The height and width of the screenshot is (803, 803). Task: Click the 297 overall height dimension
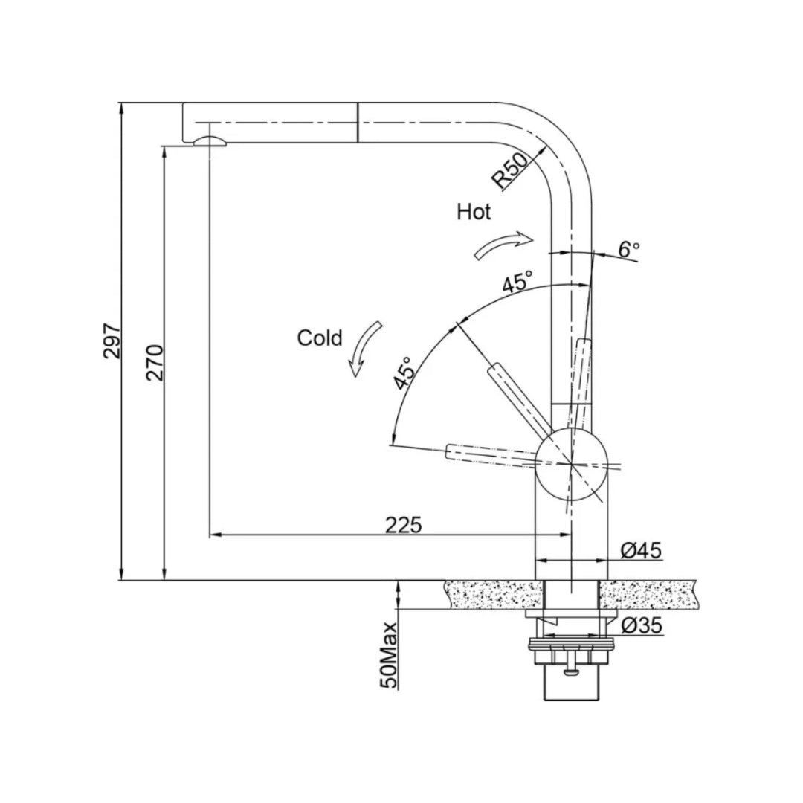point(112,341)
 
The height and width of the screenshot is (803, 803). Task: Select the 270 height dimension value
point(155,363)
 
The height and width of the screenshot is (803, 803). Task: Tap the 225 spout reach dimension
point(404,525)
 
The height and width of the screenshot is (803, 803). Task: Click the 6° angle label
point(629,250)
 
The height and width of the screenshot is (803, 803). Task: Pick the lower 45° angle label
point(404,373)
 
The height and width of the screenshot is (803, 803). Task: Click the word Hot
point(474,212)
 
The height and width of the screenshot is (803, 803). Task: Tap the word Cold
point(320,338)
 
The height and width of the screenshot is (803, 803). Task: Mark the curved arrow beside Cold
point(367,349)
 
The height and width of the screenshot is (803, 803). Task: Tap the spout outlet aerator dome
point(208,142)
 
